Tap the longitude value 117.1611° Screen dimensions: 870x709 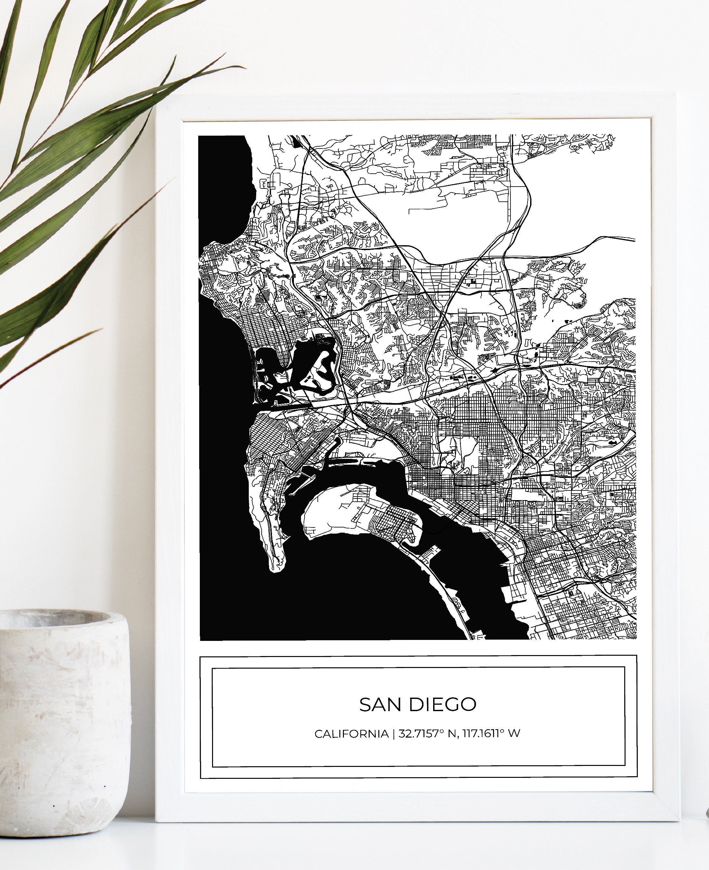[483, 734]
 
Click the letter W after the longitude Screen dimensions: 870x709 [515, 734]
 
